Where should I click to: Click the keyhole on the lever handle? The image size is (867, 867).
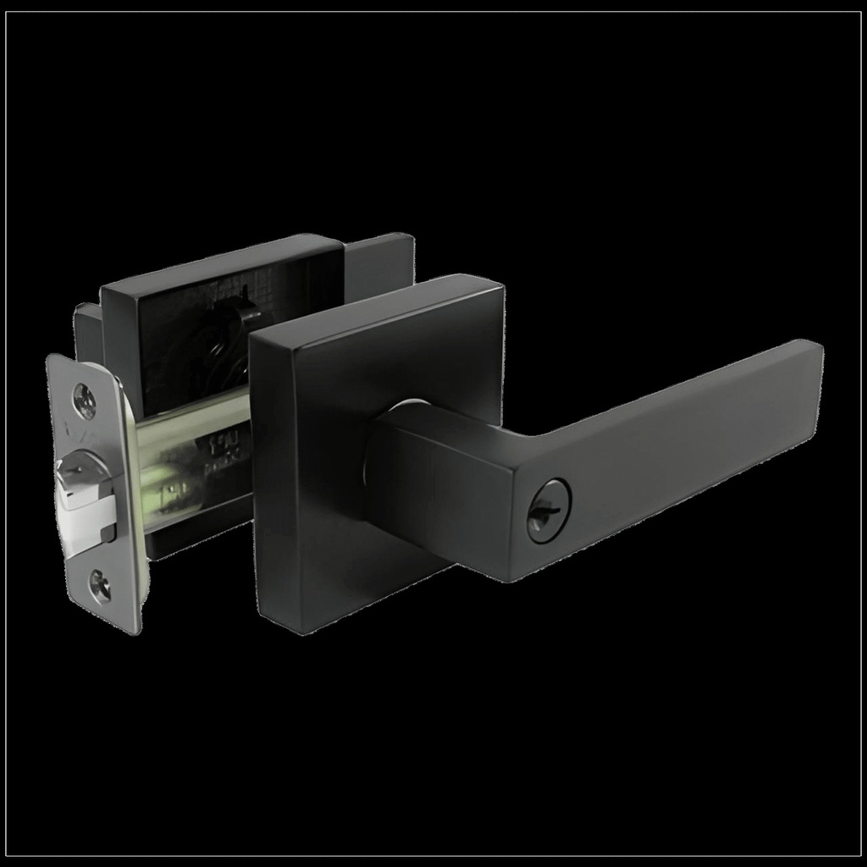[548, 510]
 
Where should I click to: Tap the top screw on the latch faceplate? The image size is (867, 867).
[85, 400]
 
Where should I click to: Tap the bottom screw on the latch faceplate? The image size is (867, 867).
[100, 586]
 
